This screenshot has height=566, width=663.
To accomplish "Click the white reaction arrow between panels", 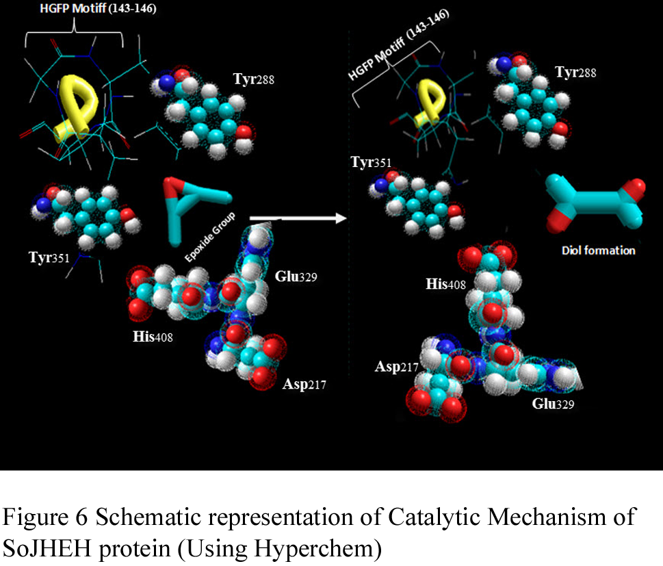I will click(x=298, y=218).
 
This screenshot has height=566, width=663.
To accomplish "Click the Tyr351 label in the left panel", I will click(x=51, y=257).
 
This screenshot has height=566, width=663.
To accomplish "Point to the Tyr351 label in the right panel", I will click(x=372, y=163).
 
